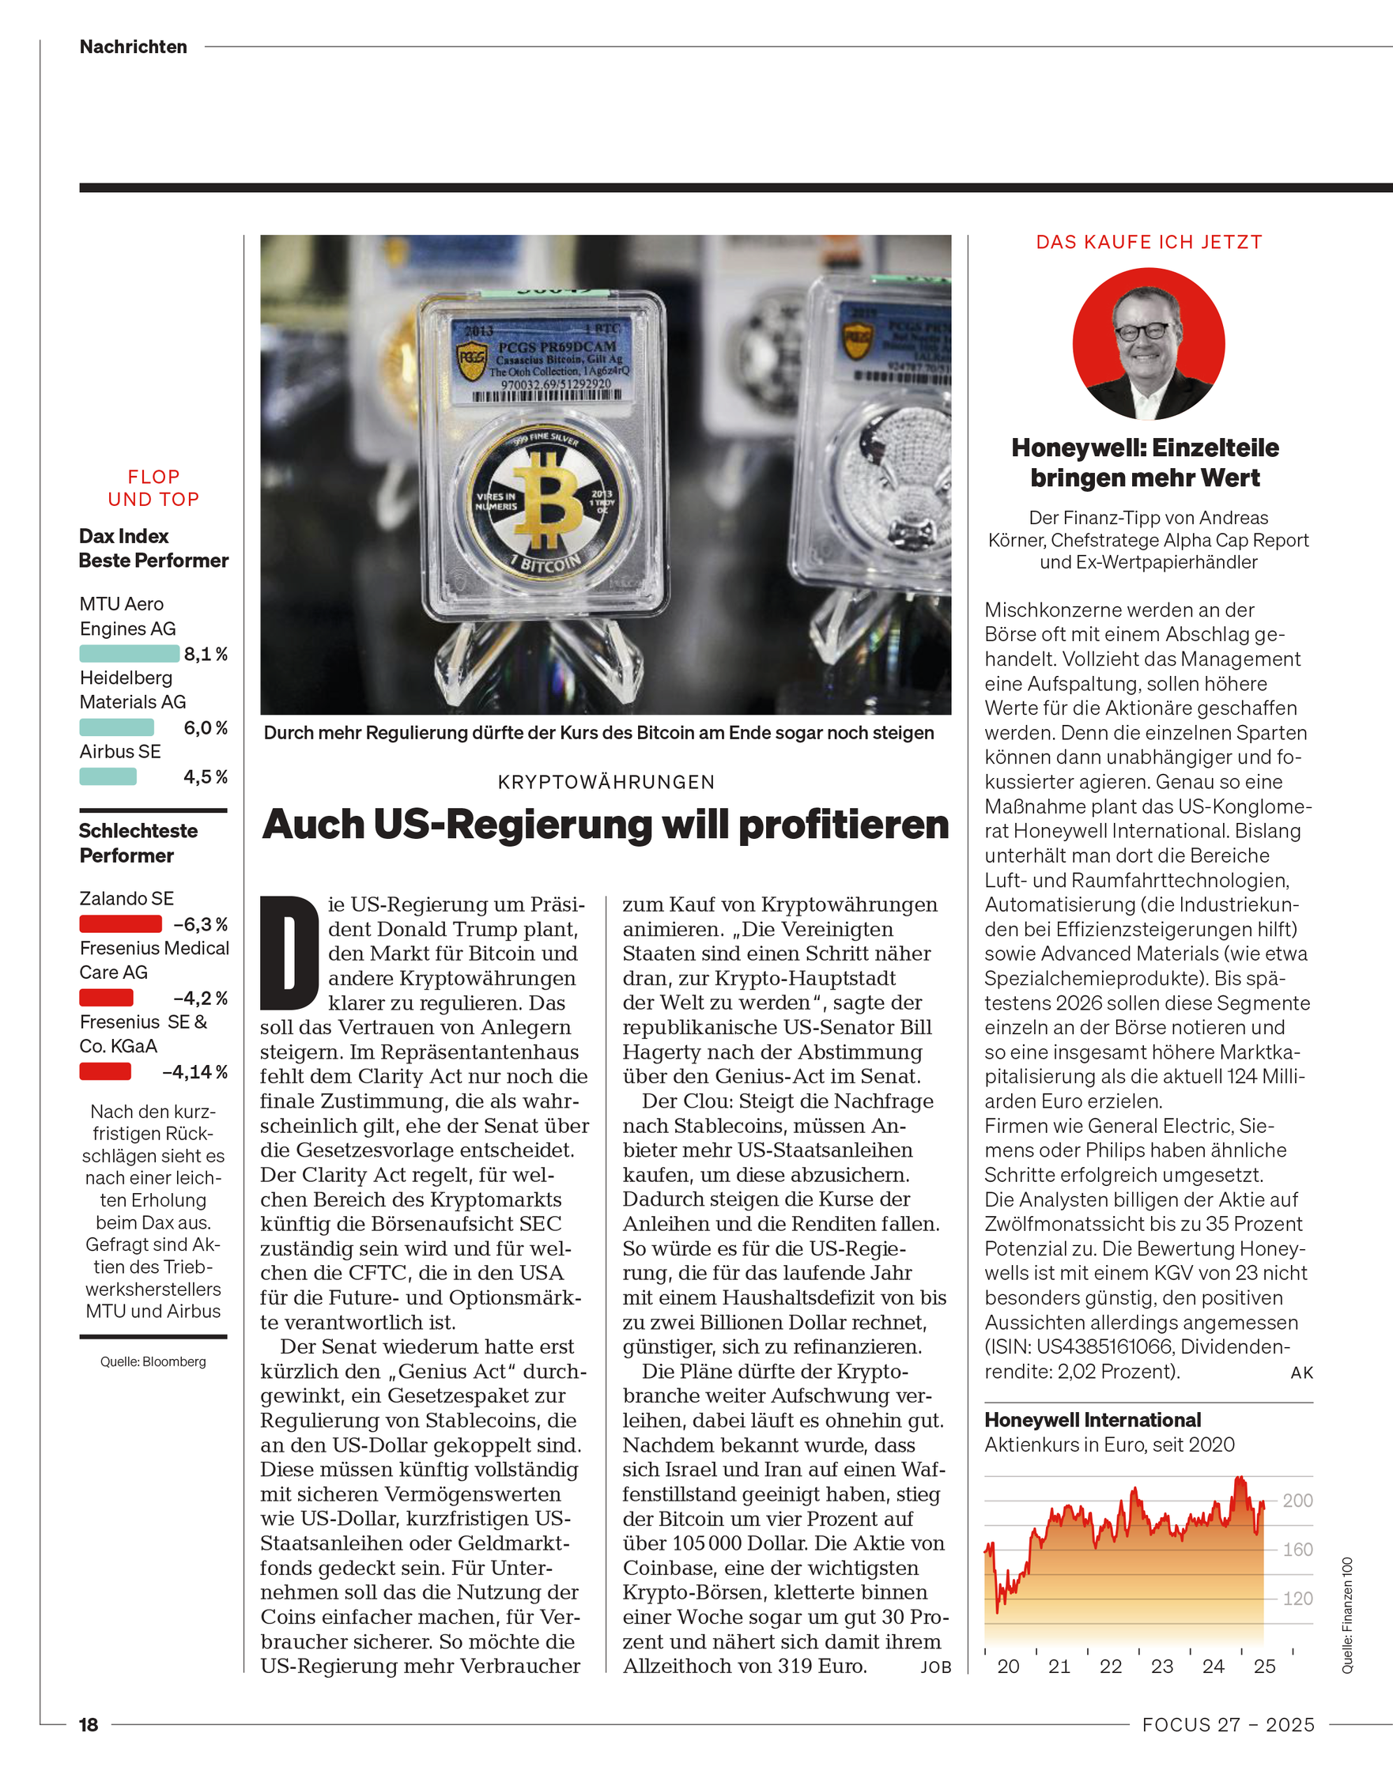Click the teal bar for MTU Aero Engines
coord(129,653)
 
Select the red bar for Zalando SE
coord(120,923)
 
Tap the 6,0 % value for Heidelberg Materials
coord(205,727)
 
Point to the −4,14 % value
coord(194,1071)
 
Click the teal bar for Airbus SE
coord(108,776)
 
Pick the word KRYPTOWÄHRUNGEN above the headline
coord(606,782)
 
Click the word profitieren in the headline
coord(844,825)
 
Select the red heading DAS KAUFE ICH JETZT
coord(1149,242)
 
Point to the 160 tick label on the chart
coord(1297,1549)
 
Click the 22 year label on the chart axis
coord(1110,1667)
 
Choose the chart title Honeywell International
coord(1092,1420)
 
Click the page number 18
coord(88,1724)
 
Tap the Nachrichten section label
coord(134,47)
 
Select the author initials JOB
coord(935,1667)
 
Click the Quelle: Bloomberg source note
coord(153,1361)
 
